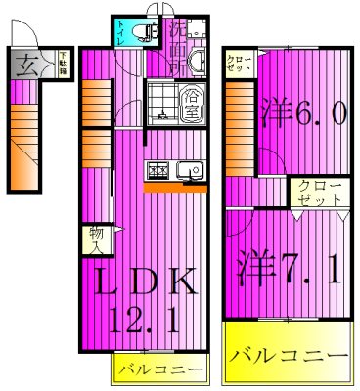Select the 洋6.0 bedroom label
(x=302, y=114)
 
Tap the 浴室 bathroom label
(x=190, y=102)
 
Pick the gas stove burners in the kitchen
(x=157, y=170)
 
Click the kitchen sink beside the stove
(x=192, y=170)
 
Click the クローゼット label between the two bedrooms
(x=319, y=192)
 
